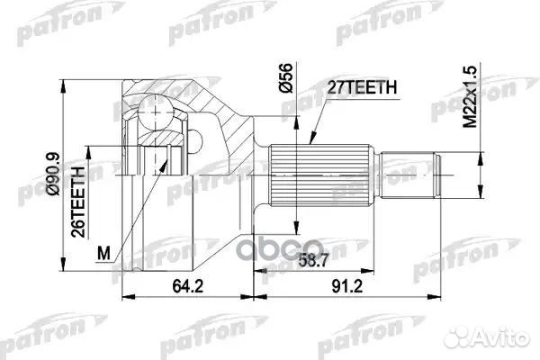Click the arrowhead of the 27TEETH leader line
click(309, 144)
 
